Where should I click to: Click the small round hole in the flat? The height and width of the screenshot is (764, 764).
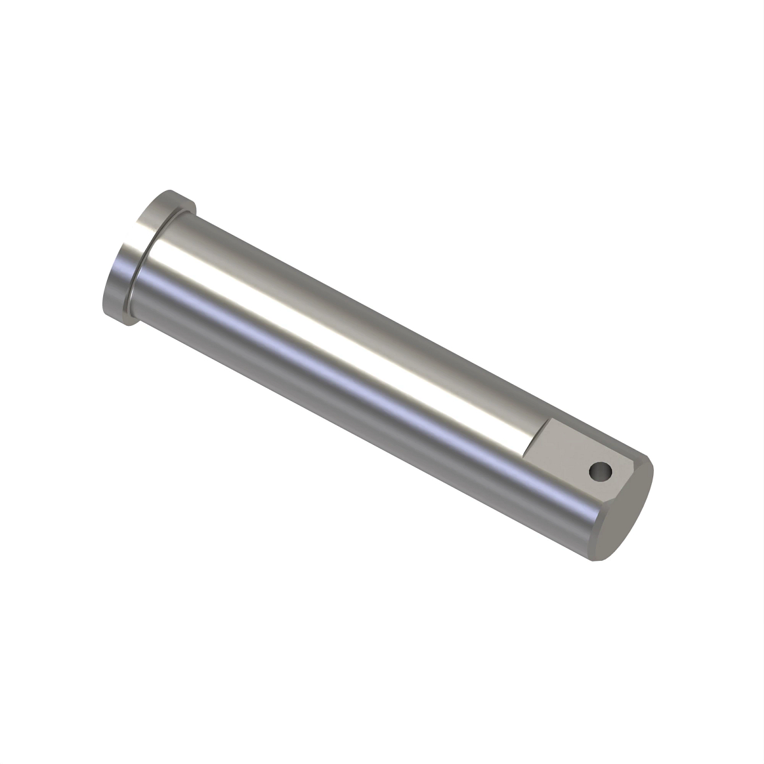600,472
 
